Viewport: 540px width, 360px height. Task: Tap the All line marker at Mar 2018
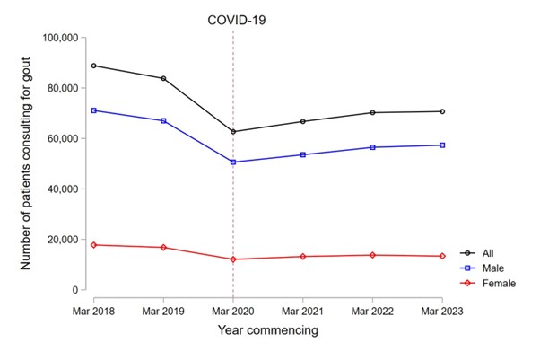pyautogui.click(x=93, y=66)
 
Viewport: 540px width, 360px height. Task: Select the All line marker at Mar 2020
pyautogui.click(x=233, y=132)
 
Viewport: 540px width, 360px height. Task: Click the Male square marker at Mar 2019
pyautogui.click(x=163, y=120)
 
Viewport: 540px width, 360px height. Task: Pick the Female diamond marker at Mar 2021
pyautogui.click(x=303, y=257)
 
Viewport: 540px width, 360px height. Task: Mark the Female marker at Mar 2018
pyautogui.click(x=93, y=245)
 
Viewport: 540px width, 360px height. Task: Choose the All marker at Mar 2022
pyautogui.click(x=373, y=112)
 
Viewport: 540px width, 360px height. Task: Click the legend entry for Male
pyautogui.click(x=489, y=268)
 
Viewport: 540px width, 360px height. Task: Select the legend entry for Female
pyautogui.click(x=493, y=283)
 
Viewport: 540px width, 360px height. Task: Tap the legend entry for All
pyautogui.click(x=484, y=253)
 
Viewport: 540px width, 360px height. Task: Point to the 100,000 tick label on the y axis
pyautogui.click(x=62, y=38)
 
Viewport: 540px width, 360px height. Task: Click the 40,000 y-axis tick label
pyautogui.click(x=65, y=189)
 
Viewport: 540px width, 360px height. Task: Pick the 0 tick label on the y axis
pyautogui.click(x=77, y=290)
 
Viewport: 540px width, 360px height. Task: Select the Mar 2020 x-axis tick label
pyautogui.click(x=233, y=310)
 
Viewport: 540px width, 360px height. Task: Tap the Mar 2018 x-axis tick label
pyautogui.click(x=93, y=310)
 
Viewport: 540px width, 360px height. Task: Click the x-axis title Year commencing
pyautogui.click(x=267, y=330)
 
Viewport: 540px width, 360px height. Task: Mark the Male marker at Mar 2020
pyautogui.click(x=233, y=162)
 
